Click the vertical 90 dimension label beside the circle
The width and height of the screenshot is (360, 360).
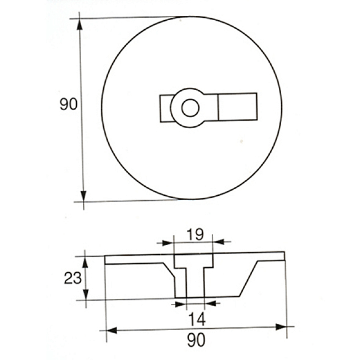coord(69,104)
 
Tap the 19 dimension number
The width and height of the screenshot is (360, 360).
coord(195,234)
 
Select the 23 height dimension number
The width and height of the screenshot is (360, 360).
coord(73,278)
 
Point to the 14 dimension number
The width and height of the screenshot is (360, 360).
coord(196,319)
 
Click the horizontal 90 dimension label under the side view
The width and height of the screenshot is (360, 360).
coord(196,340)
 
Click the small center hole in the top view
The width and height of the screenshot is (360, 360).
coord(191,108)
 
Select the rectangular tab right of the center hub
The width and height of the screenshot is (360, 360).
coord(238,107)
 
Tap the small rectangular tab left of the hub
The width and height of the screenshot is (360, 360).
coord(166,108)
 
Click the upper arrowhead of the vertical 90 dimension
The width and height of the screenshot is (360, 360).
coord(79,24)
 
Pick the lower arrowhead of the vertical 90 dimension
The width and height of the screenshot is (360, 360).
coord(84,196)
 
